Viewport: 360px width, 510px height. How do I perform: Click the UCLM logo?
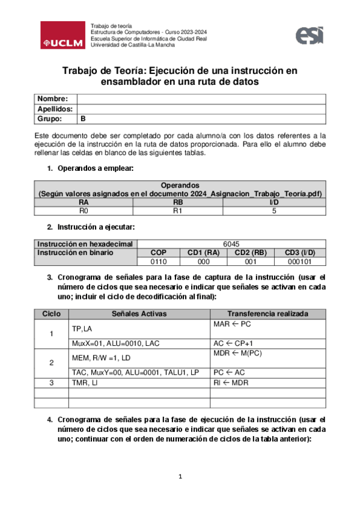[x=63, y=35]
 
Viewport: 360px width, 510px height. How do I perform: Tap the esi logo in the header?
[x=310, y=35]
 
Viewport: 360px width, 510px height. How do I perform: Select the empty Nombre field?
[x=201, y=99]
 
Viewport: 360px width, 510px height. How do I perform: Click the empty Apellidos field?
[x=201, y=109]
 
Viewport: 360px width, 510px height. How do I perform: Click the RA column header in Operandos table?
[x=84, y=203]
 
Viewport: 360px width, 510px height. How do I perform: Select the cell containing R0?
[x=84, y=211]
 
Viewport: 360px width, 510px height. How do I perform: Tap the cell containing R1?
[x=177, y=211]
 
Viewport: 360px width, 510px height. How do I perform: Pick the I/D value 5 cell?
[x=274, y=211]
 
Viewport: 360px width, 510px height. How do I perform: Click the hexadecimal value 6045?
[x=231, y=244]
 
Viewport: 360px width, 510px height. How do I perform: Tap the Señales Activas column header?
[x=139, y=313]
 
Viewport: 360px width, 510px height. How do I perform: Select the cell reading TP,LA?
[x=82, y=328]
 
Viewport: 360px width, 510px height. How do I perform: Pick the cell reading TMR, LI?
[x=84, y=382]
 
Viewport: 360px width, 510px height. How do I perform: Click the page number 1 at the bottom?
[x=180, y=478]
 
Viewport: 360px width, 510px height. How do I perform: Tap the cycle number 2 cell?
[x=51, y=363]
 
